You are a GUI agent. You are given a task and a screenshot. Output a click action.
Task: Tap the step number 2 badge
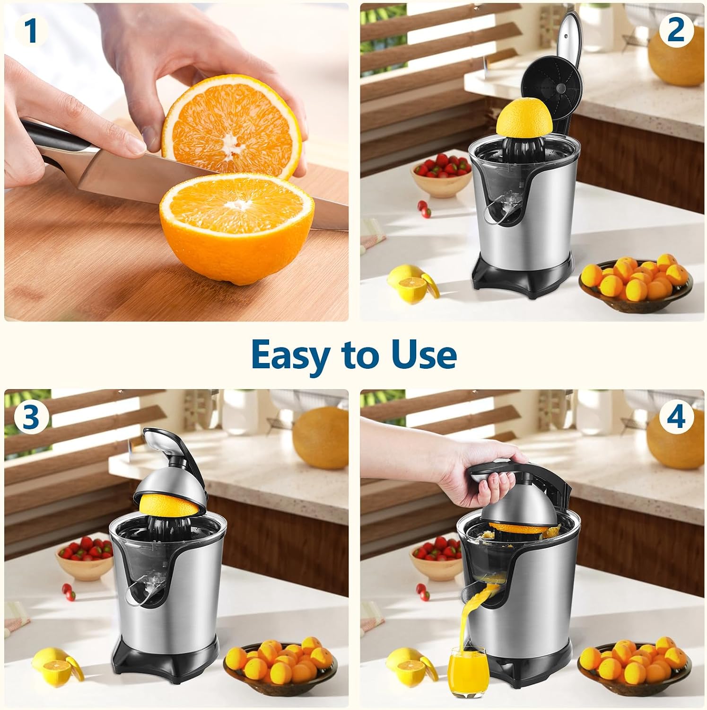676,30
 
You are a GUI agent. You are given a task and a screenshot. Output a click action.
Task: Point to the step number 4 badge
676,417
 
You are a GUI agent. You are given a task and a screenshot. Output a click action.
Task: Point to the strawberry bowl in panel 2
440,176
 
